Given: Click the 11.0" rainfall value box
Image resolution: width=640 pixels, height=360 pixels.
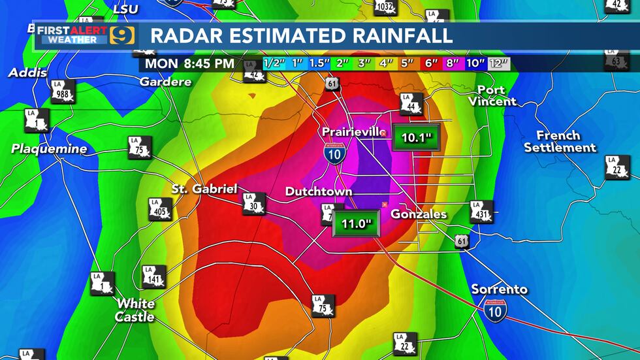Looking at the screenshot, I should [x=356, y=223].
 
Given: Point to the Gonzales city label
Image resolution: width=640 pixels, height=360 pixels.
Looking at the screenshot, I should [x=418, y=214].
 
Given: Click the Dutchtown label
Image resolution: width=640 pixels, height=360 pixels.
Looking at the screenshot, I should [x=319, y=191].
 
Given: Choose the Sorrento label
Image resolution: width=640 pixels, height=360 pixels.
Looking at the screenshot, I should [x=500, y=289].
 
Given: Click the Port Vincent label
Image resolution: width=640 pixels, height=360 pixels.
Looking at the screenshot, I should [x=491, y=95].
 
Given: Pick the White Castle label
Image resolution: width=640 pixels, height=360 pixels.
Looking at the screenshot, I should [x=136, y=310].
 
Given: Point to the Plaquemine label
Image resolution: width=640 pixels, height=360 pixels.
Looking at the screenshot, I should [x=49, y=149].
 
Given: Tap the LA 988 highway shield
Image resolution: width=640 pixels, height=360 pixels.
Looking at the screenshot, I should [x=63, y=91].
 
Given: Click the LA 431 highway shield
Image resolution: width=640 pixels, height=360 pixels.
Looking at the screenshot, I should [x=481, y=211].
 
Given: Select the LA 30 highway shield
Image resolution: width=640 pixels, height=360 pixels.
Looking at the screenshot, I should [x=254, y=203].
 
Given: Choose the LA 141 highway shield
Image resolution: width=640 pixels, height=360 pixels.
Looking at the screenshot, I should [x=153, y=277].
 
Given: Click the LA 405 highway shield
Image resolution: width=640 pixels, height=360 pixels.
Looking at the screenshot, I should [x=160, y=208].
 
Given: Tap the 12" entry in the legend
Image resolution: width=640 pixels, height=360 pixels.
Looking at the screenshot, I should [x=499, y=63].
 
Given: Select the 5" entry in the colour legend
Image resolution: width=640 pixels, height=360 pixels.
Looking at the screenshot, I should [x=408, y=63].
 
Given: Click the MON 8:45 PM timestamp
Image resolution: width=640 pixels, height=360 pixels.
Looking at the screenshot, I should [x=189, y=63].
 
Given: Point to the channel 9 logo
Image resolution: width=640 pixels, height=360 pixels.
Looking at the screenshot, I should [x=121, y=35].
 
